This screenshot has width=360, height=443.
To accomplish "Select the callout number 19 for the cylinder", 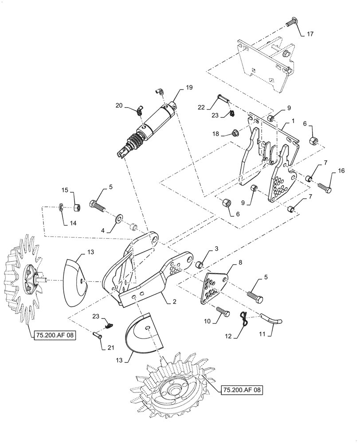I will [x=189, y=89].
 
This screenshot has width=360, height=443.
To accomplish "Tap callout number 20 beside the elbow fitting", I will [x=118, y=105].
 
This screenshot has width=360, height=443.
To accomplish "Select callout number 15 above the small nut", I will [x=65, y=190].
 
